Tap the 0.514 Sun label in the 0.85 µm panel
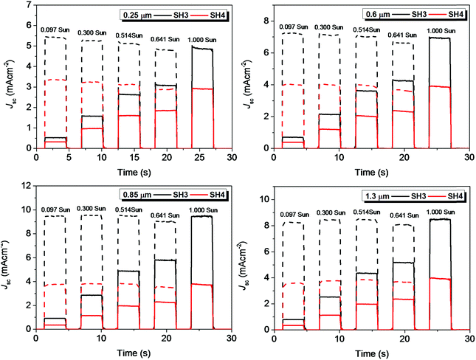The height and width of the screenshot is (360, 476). (x=133, y=211)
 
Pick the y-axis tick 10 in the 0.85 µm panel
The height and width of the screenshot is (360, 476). (x=27, y=186)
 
